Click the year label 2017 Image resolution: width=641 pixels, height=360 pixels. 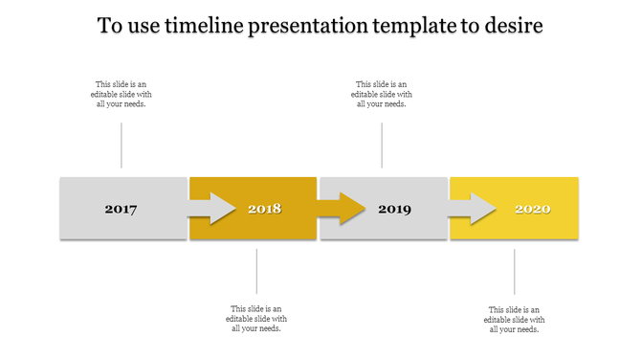pos(121,209)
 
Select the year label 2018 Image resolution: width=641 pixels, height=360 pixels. pos(264,209)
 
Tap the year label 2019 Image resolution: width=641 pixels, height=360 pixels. pos(394,209)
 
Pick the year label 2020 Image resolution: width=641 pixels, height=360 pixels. pos(532,209)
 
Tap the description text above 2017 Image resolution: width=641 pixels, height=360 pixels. pos(122,95)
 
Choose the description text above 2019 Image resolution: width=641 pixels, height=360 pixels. pos(382,95)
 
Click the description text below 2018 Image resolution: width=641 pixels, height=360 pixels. pos(256,319)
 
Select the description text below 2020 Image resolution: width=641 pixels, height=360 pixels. pos(515,320)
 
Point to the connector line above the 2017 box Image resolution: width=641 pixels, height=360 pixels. pos(122,146)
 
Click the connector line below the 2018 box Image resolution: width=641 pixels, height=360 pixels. pos(256,271)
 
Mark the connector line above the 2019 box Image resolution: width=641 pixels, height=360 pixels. pos(382,146)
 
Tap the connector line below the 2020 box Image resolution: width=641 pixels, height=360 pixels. pos(515,272)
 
